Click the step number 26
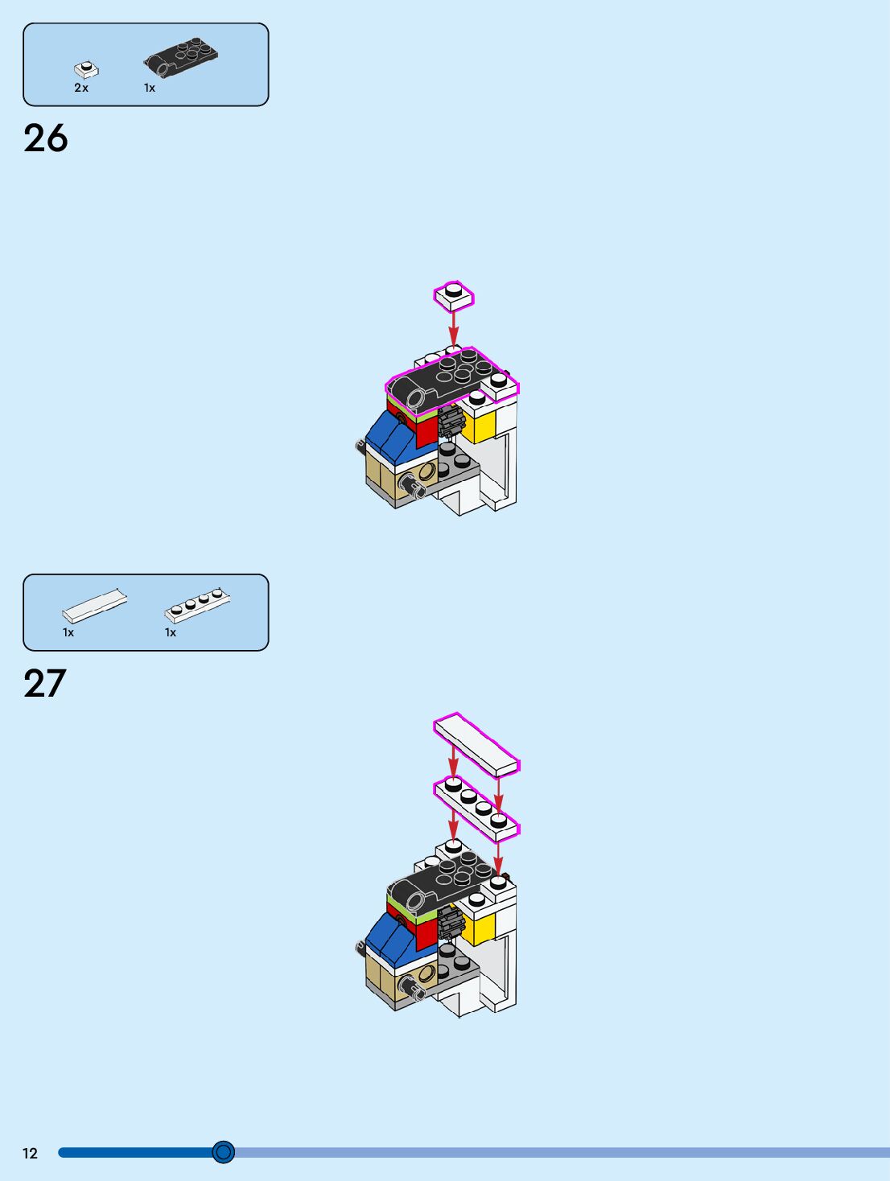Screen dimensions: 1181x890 coord(46,138)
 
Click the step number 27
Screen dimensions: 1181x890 coord(45,684)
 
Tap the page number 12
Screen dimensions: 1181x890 coord(30,1153)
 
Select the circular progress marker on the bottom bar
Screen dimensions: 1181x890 coord(224,1152)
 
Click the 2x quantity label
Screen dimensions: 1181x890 coord(81,88)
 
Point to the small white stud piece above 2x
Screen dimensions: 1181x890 coord(86,70)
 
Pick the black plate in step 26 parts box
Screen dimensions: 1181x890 coord(182,57)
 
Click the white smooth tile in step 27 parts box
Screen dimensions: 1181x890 coord(95,605)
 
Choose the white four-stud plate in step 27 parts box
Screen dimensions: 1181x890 coord(198,604)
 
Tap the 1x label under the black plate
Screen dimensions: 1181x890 coord(150,88)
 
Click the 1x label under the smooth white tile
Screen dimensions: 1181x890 coord(68,632)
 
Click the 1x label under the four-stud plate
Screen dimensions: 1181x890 coord(171,632)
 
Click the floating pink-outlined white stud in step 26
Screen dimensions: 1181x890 coord(454,296)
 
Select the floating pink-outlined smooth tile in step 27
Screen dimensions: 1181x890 coord(476,744)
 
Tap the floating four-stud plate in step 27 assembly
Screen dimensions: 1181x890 coord(476,808)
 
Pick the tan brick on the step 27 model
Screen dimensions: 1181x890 coord(382,978)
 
